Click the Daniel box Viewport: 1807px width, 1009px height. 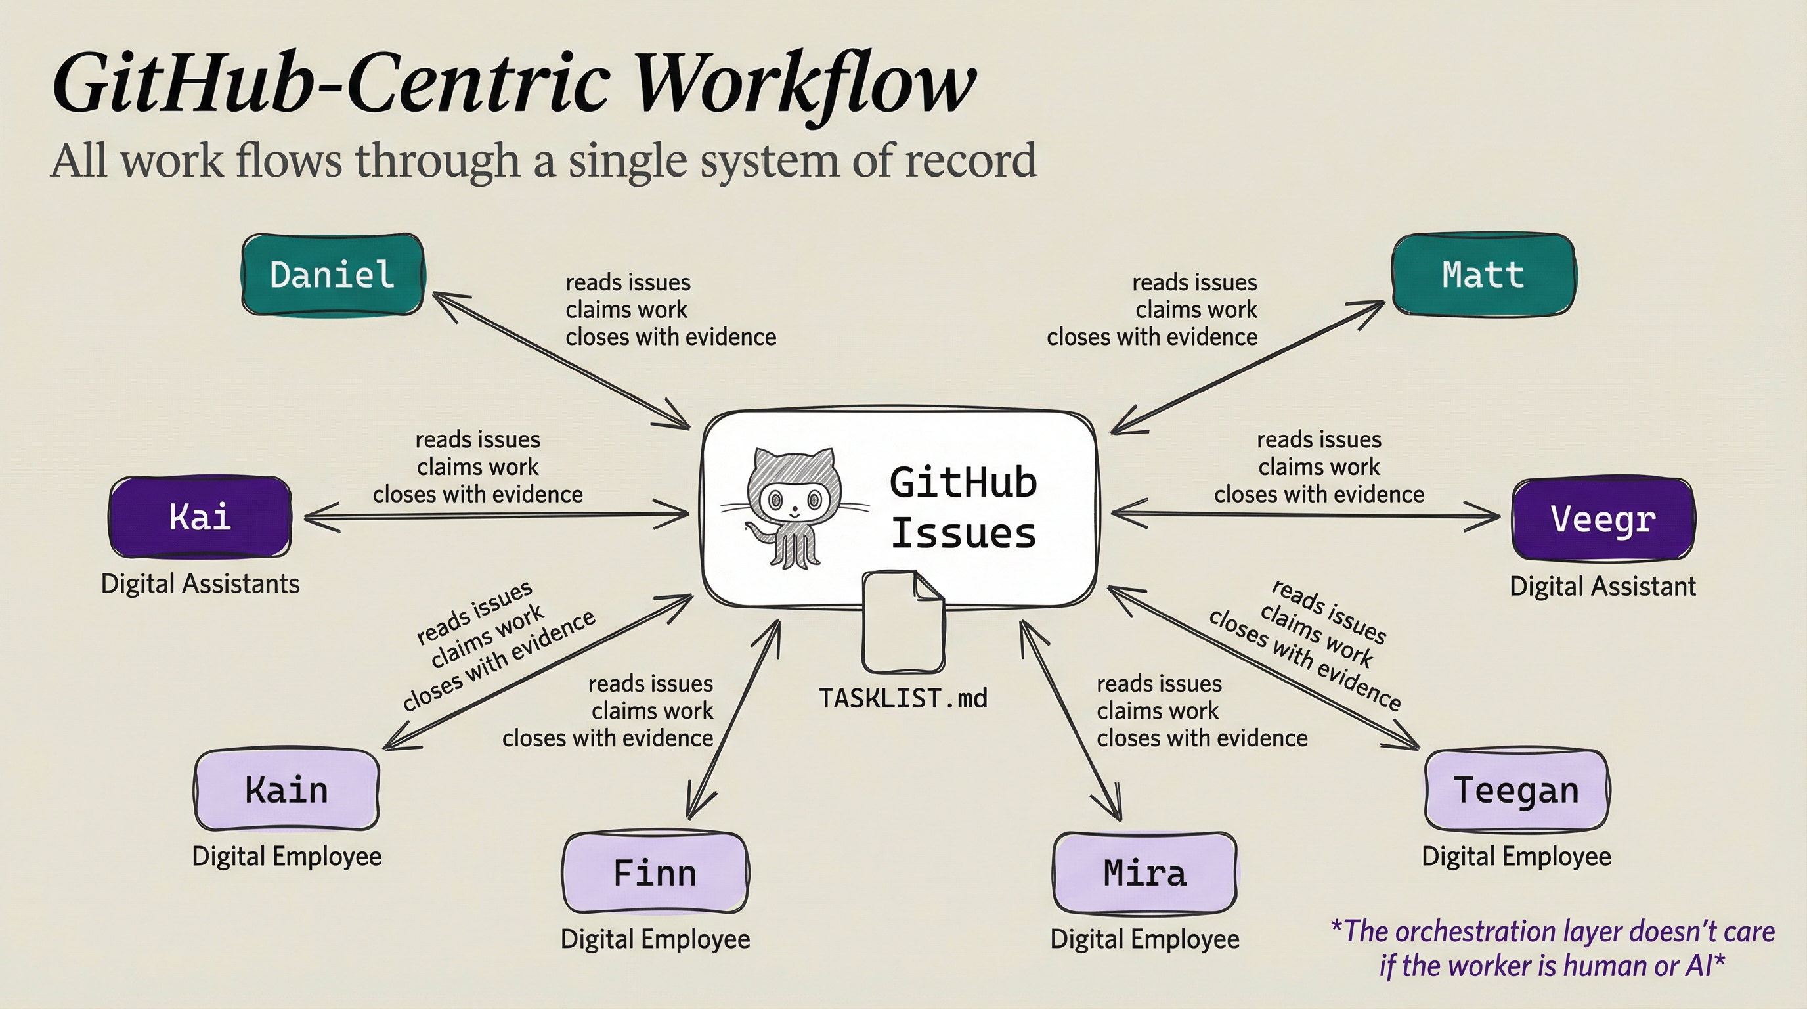point(332,275)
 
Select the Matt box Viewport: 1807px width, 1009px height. point(1483,275)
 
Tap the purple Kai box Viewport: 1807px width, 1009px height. point(200,517)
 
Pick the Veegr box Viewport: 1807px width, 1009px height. point(1603,519)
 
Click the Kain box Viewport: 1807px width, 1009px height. point(286,790)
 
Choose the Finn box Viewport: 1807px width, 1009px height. point(655,873)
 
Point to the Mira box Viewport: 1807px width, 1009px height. point(1144,873)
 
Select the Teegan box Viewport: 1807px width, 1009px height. point(1516,790)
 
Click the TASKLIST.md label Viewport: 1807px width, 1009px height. point(903,698)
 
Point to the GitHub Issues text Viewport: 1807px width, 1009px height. point(963,507)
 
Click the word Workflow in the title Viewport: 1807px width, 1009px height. point(806,84)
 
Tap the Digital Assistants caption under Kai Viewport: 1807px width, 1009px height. point(200,584)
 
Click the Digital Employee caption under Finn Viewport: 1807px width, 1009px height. point(655,939)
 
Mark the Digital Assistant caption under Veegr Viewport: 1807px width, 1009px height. point(1602,586)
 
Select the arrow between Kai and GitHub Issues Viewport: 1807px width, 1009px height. point(496,516)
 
